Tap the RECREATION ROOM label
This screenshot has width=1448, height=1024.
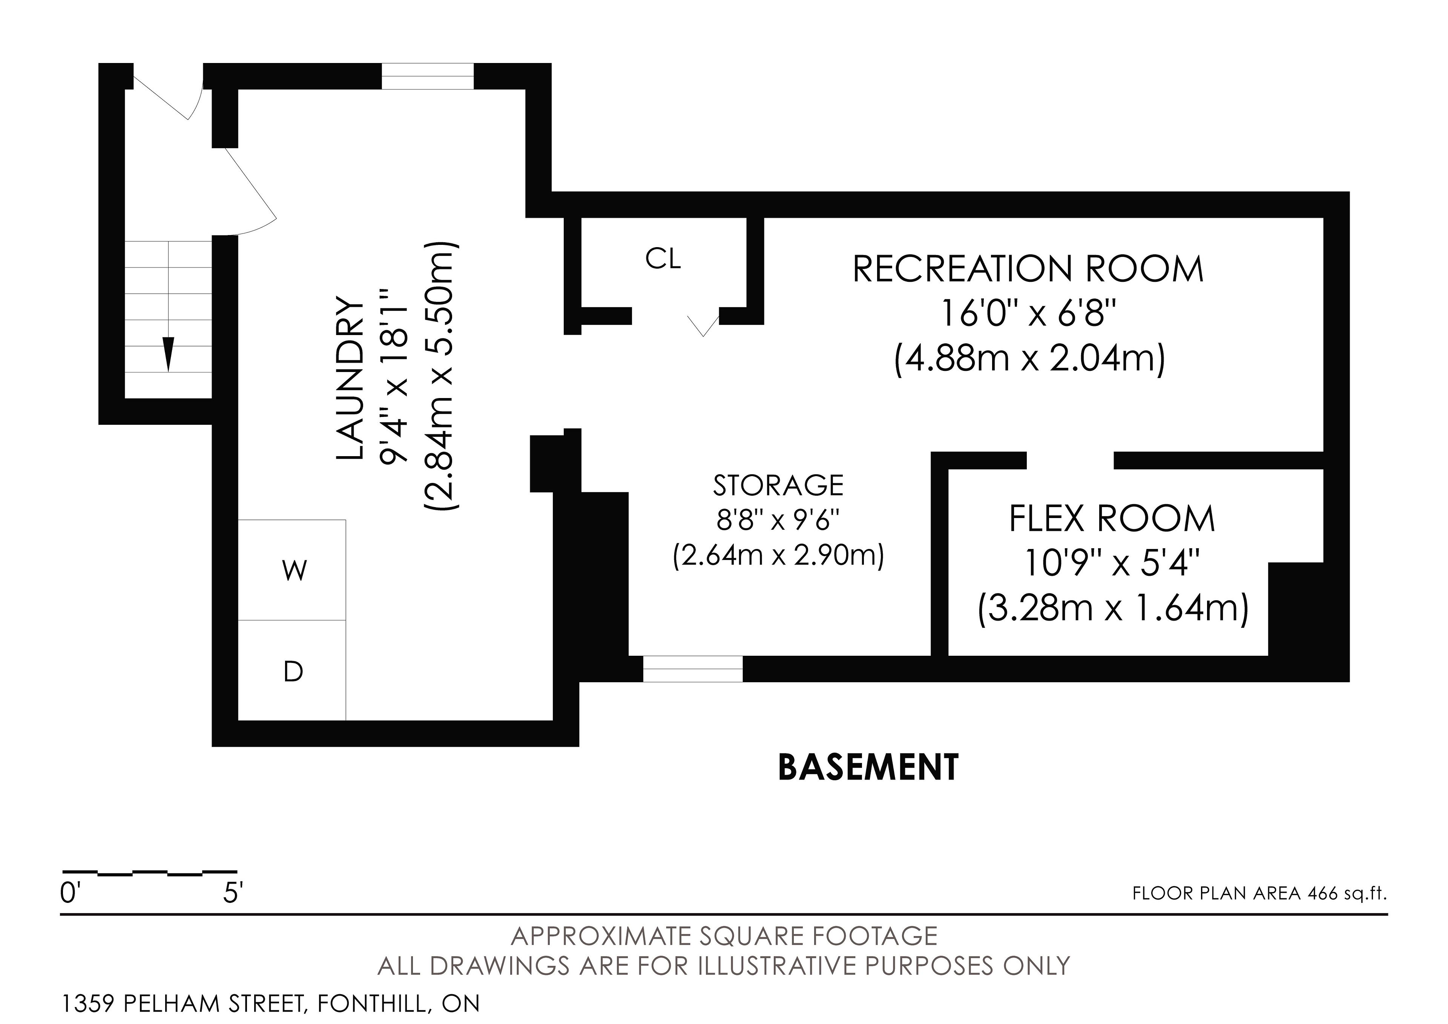[x=1028, y=269]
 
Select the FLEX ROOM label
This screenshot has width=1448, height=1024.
[x=1112, y=519]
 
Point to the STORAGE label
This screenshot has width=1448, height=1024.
[x=778, y=485]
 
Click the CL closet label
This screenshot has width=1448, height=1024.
[x=663, y=259]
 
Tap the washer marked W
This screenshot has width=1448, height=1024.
[x=292, y=570]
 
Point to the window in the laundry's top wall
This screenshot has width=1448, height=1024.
[x=428, y=76]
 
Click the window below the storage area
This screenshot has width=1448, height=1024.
[x=692, y=669]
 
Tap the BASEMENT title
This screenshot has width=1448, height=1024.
[x=868, y=767]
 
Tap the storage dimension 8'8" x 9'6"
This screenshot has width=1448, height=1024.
[x=778, y=521]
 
